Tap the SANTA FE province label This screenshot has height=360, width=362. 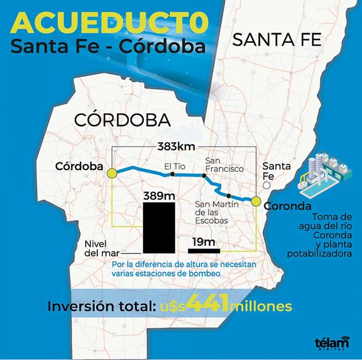[x=277, y=40]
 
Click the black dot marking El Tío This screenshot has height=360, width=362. [x=173, y=175]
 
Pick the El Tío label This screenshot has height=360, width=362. [x=174, y=166]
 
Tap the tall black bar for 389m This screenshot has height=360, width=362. [x=159, y=228]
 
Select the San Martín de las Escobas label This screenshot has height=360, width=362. [x=211, y=212]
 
